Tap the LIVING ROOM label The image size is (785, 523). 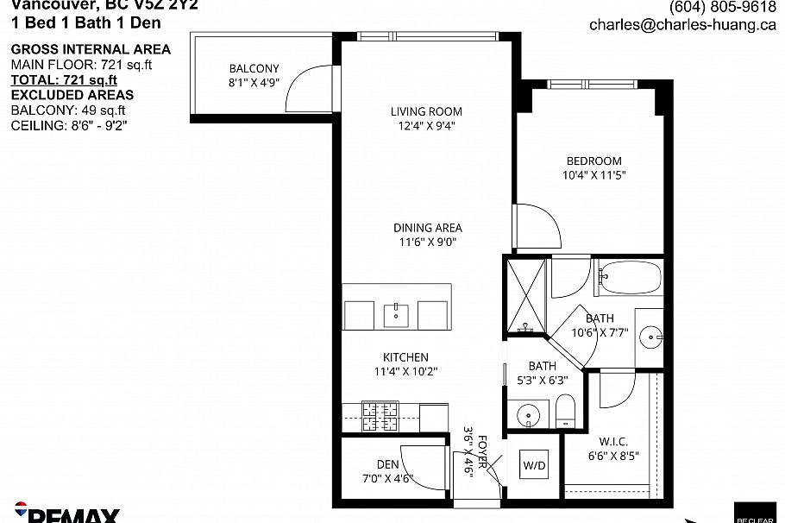[x=426, y=111]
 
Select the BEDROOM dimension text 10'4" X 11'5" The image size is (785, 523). [x=593, y=174]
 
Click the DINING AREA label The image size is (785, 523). [x=427, y=228]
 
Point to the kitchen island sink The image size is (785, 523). [x=397, y=312]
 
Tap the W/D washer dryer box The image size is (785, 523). [x=533, y=465]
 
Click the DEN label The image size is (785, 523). [x=386, y=463]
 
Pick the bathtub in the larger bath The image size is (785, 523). [x=630, y=279]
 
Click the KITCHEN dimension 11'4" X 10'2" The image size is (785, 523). [x=405, y=373]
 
